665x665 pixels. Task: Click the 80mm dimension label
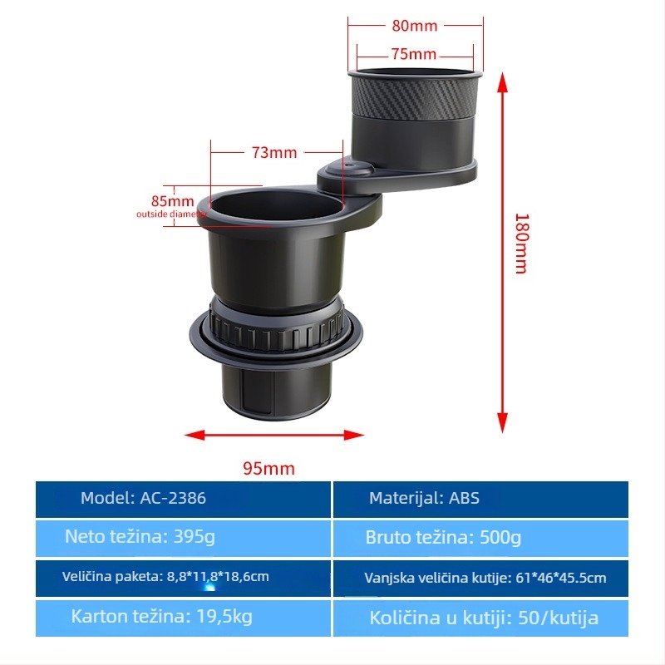(414, 26)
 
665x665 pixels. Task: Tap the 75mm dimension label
(413, 54)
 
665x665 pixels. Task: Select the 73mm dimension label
(274, 153)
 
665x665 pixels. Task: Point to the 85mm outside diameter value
(173, 201)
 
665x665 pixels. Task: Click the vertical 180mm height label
(522, 244)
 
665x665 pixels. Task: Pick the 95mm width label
(268, 469)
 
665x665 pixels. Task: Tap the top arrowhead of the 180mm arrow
(503, 81)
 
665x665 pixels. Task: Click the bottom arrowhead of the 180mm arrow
(503, 423)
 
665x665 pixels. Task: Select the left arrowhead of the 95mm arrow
(195, 435)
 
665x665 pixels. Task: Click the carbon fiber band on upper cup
(415, 96)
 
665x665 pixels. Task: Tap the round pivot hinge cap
(350, 169)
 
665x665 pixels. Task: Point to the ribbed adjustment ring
(276, 328)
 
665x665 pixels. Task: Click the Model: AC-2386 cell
(183, 500)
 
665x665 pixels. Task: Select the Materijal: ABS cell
(480, 500)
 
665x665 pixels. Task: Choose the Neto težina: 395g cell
(183, 538)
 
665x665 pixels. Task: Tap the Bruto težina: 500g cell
(480, 538)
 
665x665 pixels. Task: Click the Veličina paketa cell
(183, 578)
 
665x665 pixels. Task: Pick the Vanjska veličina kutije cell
(480, 578)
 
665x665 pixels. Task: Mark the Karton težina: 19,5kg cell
(183, 618)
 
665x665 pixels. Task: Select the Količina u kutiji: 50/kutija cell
(480, 618)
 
